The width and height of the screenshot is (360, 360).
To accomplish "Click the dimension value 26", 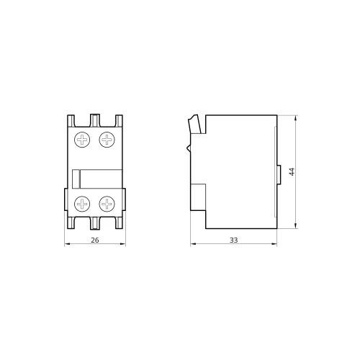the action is coord(95,240).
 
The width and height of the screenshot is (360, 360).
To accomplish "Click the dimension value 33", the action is coord(233,240).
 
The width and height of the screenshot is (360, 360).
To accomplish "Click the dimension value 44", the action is coord(292,171).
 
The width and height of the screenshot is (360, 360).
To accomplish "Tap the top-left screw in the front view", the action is coord(82,140).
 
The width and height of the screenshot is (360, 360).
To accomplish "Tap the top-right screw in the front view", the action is coord(107,140).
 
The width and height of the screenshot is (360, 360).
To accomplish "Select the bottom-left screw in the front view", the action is coord(82,204).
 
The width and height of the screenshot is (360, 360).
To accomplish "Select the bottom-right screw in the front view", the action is coord(107,204).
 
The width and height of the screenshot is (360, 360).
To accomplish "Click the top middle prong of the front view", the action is coord(95,120).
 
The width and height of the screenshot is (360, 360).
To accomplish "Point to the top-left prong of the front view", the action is coord(71,121).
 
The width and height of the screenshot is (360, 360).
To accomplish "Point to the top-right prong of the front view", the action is coord(119,121).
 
